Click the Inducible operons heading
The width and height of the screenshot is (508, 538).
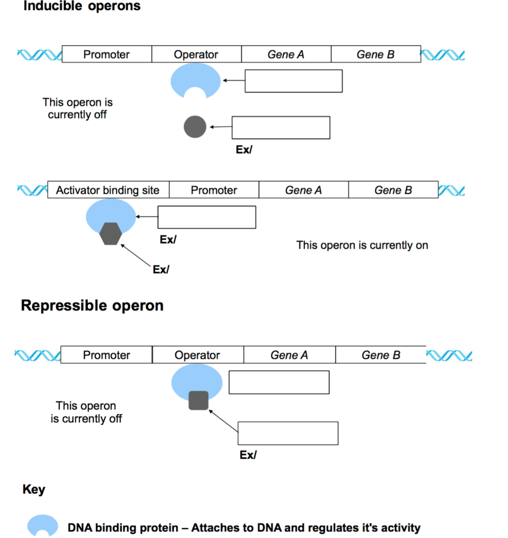pyautogui.click(x=81, y=7)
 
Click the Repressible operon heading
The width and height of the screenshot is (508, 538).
pyautogui.click(x=92, y=306)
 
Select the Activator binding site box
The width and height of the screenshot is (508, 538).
pyautogui.click(x=108, y=190)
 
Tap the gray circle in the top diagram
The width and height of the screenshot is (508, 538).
pyautogui.click(x=195, y=127)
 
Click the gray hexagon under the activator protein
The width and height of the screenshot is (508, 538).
pyautogui.click(x=110, y=234)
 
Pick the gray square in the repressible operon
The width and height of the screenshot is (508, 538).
pyautogui.click(x=198, y=400)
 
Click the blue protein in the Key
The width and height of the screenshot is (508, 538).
pyautogui.click(x=43, y=524)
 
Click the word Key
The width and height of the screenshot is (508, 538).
pyautogui.click(x=34, y=490)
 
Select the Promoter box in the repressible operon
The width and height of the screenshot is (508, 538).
pyautogui.click(x=107, y=355)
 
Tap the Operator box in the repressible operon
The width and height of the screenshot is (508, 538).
pyautogui.click(x=198, y=355)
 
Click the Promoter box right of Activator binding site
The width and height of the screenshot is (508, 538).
pyautogui.click(x=214, y=190)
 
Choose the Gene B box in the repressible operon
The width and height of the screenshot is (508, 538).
pyautogui.click(x=381, y=355)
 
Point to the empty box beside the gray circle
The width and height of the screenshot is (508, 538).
pyautogui.click(x=281, y=128)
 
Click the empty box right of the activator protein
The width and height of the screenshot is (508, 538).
pyautogui.click(x=206, y=217)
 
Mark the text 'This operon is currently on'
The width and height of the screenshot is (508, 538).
pyautogui.click(x=362, y=245)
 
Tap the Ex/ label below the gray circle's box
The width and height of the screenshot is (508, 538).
pyautogui.click(x=244, y=149)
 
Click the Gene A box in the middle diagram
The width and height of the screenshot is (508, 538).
pyautogui.click(x=303, y=190)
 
